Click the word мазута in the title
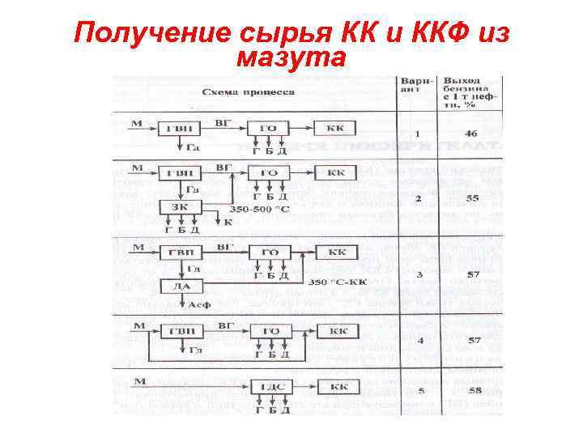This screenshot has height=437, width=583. (291, 57)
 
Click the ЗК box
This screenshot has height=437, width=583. (180, 207)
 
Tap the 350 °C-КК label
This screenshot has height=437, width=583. (339, 282)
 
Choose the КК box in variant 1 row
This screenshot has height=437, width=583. (336, 129)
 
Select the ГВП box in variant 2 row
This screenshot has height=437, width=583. (180, 173)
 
